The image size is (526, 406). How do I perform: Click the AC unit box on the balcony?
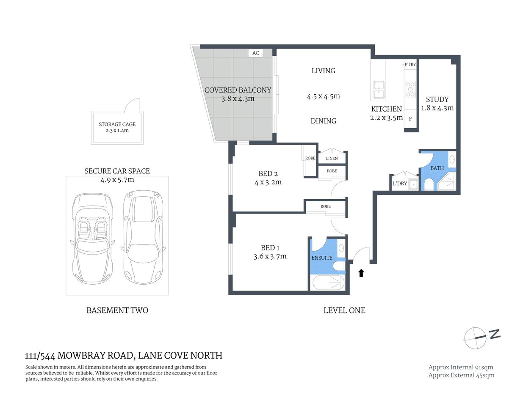[255, 53]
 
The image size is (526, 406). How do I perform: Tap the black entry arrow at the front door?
[361, 273]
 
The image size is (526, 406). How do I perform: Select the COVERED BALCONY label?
[238, 90]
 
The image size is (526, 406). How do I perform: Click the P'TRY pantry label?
[410, 64]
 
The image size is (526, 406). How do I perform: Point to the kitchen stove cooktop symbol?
[410, 89]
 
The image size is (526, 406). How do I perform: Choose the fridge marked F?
[410, 119]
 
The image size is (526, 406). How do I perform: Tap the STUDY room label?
[437, 99]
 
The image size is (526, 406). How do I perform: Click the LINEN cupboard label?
[332, 159]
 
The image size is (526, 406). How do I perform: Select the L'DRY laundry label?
[399, 184]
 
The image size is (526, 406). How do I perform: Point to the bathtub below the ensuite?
[328, 283]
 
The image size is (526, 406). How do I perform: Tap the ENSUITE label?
[322, 258]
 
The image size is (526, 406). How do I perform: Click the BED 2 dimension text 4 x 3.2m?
[268, 182]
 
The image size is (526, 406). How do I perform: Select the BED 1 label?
[270, 248]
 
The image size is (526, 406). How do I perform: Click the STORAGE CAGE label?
[117, 124]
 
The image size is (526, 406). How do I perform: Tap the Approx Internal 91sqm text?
[461, 367]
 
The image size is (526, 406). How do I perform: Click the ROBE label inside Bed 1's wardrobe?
[325, 206]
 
